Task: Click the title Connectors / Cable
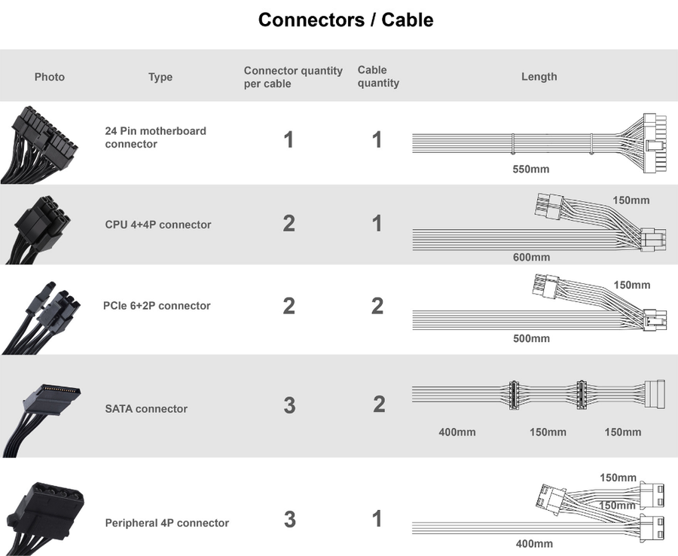tap(346, 20)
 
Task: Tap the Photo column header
tap(50, 77)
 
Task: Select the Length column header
tap(539, 77)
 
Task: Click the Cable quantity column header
tap(378, 77)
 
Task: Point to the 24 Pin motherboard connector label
tap(156, 137)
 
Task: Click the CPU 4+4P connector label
tap(158, 225)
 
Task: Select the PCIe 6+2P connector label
tap(157, 306)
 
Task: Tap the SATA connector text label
tap(146, 408)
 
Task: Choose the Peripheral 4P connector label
tap(167, 523)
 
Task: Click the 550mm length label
tap(531, 169)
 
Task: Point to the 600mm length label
tap(531, 257)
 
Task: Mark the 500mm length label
tap(531, 338)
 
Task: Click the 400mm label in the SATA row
tap(457, 432)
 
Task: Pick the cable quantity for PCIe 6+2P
tap(377, 306)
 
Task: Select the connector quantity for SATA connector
tap(290, 405)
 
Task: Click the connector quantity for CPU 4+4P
tap(289, 223)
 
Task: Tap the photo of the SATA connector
tap(42, 420)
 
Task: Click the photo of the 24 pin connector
tap(39, 145)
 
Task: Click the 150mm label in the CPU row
tap(631, 200)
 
